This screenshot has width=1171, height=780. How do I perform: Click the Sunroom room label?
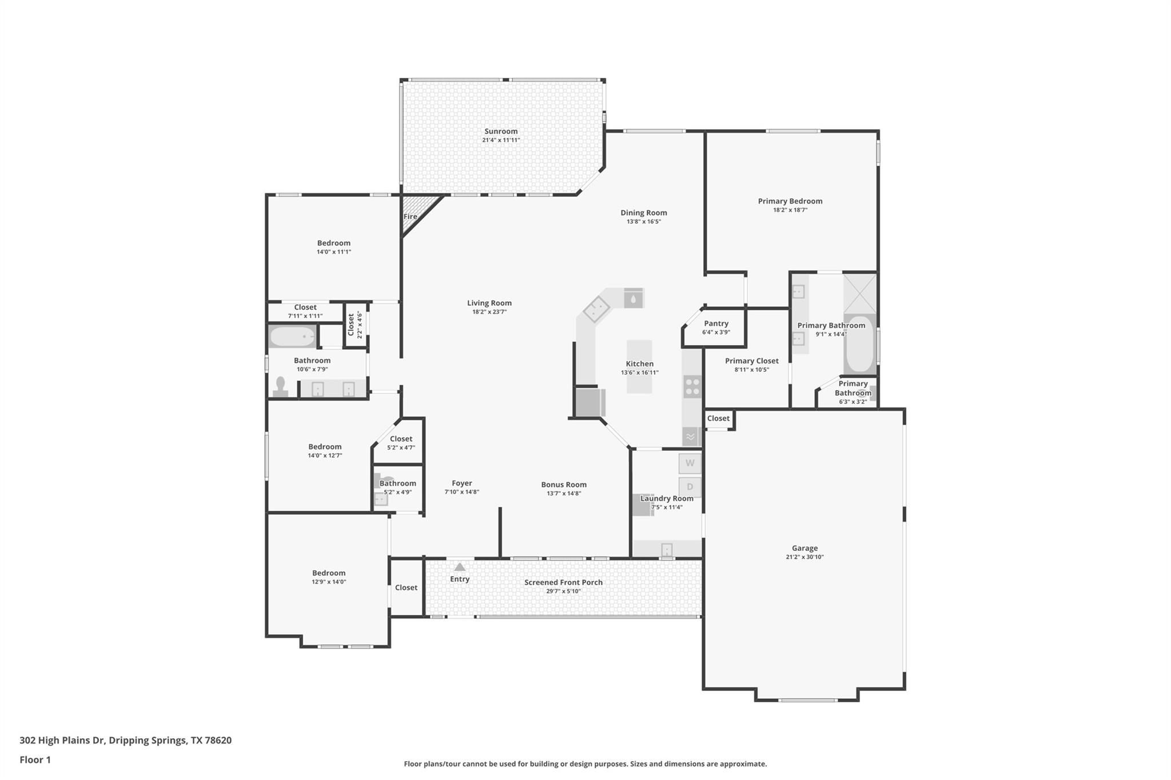click(501, 131)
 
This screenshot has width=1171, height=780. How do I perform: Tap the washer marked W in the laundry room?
click(690, 463)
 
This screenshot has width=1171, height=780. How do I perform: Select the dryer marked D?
click(690, 487)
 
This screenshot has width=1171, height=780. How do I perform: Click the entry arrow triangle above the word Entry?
click(460, 567)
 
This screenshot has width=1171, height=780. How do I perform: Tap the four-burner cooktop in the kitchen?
click(692, 387)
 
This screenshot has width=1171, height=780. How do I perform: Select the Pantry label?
click(716, 323)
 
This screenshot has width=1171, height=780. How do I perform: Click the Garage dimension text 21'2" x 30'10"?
click(804, 557)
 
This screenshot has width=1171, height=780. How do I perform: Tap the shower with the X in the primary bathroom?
click(859, 293)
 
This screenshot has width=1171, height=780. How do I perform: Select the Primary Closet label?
click(751, 361)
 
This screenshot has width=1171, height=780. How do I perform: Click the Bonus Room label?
click(564, 485)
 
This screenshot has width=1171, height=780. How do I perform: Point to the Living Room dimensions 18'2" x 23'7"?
click(489, 312)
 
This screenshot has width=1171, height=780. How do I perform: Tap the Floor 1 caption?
click(35, 760)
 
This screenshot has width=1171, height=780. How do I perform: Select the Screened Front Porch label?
click(563, 582)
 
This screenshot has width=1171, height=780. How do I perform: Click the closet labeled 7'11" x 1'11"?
click(305, 311)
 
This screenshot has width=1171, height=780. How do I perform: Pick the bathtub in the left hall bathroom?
click(292, 337)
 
